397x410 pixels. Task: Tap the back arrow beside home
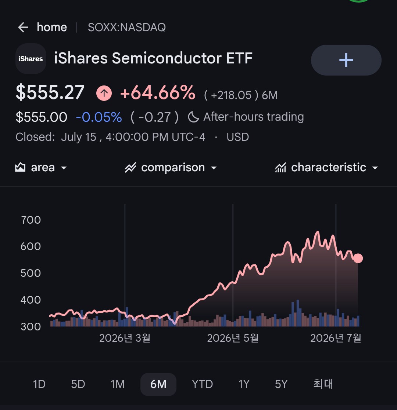23,27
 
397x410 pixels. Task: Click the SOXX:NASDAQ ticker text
126,27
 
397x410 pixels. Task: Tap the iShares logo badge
31,59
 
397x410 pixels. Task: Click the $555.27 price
50,92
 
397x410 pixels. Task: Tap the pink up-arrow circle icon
104,93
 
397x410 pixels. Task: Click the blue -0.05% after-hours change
99,117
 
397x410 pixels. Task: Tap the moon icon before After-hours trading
193,117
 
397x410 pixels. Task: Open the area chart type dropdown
41,167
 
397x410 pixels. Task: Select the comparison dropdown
171,167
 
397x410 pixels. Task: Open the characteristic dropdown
326,167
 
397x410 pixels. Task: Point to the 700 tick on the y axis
31,220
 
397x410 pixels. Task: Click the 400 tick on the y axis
31,300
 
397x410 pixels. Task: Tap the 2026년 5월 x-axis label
233,338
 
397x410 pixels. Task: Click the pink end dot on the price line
358,258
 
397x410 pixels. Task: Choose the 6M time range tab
158,384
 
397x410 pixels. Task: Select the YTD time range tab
202,384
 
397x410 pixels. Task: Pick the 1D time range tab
39,384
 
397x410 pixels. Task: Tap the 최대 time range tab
323,384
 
